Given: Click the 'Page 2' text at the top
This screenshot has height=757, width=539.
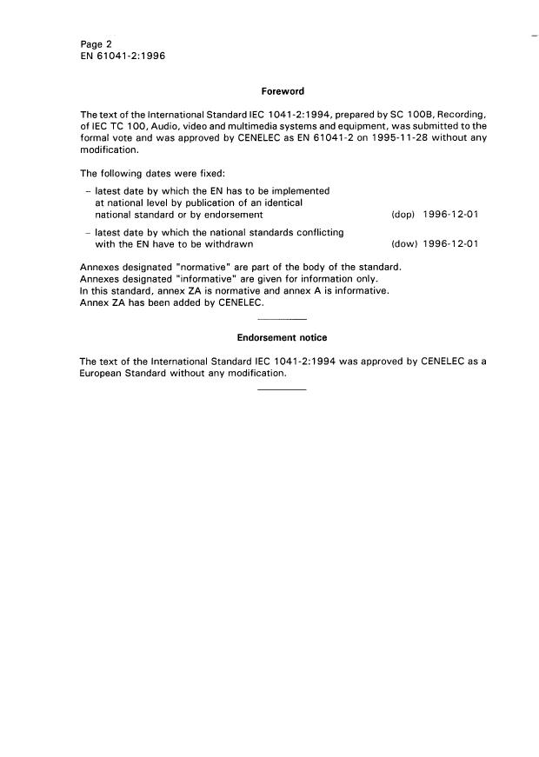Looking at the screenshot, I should click(x=95, y=43).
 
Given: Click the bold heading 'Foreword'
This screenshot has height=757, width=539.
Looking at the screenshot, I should click(x=282, y=90).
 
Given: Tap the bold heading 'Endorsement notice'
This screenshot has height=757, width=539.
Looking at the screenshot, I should click(x=282, y=337).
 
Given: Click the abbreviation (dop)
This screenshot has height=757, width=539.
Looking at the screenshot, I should click(x=403, y=214).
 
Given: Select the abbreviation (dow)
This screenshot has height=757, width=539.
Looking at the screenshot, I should click(x=403, y=244).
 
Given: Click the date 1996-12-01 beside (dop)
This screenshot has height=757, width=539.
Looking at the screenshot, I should click(x=450, y=214).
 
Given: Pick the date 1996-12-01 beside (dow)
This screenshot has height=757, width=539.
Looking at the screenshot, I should click(x=450, y=244).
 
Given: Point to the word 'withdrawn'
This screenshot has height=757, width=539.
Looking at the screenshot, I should click(x=229, y=244).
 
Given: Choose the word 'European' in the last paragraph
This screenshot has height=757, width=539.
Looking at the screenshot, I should click(x=103, y=372).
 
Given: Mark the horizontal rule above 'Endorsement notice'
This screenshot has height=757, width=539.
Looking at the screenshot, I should click(x=283, y=319).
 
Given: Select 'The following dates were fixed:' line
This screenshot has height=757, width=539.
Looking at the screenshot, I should click(x=152, y=172).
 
